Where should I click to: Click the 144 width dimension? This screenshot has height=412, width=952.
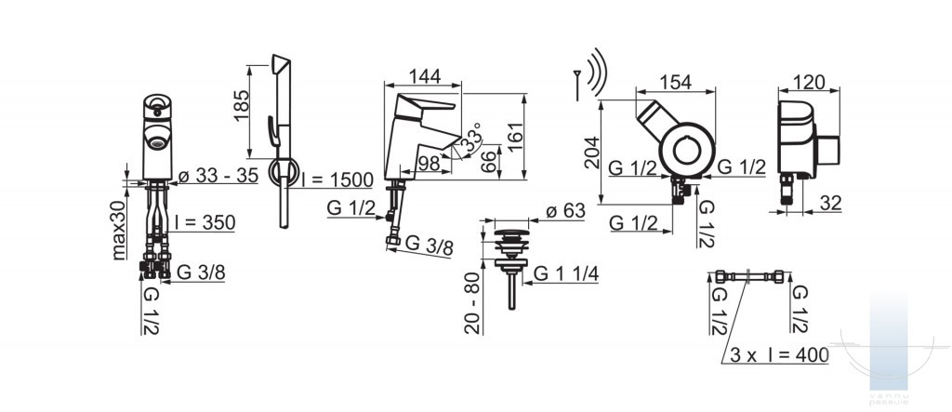(x=424, y=76)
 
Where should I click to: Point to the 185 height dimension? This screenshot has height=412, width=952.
(x=242, y=106)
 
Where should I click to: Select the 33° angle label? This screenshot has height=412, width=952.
(x=470, y=139)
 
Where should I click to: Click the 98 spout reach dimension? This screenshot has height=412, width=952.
(x=430, y=163)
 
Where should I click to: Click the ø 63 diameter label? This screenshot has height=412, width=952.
(x=565, y=211)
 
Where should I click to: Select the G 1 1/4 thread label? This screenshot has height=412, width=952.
(x=566, y=274)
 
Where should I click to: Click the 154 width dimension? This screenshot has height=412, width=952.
(x=675, y=82)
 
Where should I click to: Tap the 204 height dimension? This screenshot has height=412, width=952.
(x=591, y=153)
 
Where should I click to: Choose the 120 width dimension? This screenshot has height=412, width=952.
(x=809, y=82)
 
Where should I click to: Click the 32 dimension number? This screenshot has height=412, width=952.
(x=829, y=203)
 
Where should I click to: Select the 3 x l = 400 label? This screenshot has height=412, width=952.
(x=780, y=355)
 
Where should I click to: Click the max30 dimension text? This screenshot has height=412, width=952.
(x=119, y=230)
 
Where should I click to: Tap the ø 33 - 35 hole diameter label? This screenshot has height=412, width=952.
(x=218, y=176)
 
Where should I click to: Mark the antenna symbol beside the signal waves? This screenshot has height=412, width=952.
(x=576, y=85)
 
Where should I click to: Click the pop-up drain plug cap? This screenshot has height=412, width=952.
(x=512, y=233)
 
